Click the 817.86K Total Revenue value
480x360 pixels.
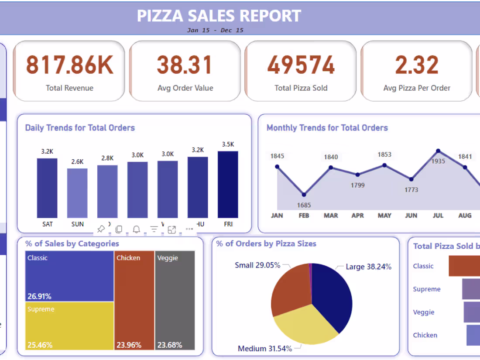69,65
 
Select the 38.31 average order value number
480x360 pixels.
185,65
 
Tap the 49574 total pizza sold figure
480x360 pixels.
301,65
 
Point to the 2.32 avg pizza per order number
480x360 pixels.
416,65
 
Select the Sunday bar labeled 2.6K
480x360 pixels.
77,193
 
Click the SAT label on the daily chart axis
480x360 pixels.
47,224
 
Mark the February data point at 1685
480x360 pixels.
304,195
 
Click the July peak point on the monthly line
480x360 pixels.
438,151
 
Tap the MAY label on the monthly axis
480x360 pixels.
384,216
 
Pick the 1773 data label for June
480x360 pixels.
411,190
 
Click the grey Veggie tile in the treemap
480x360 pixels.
175,300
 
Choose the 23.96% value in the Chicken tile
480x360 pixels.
129,345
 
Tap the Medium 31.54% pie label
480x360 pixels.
265,348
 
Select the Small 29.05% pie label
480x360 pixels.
257,265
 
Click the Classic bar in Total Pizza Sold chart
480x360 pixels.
464,266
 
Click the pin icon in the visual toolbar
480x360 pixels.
101,229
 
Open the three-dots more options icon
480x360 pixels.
189,229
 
